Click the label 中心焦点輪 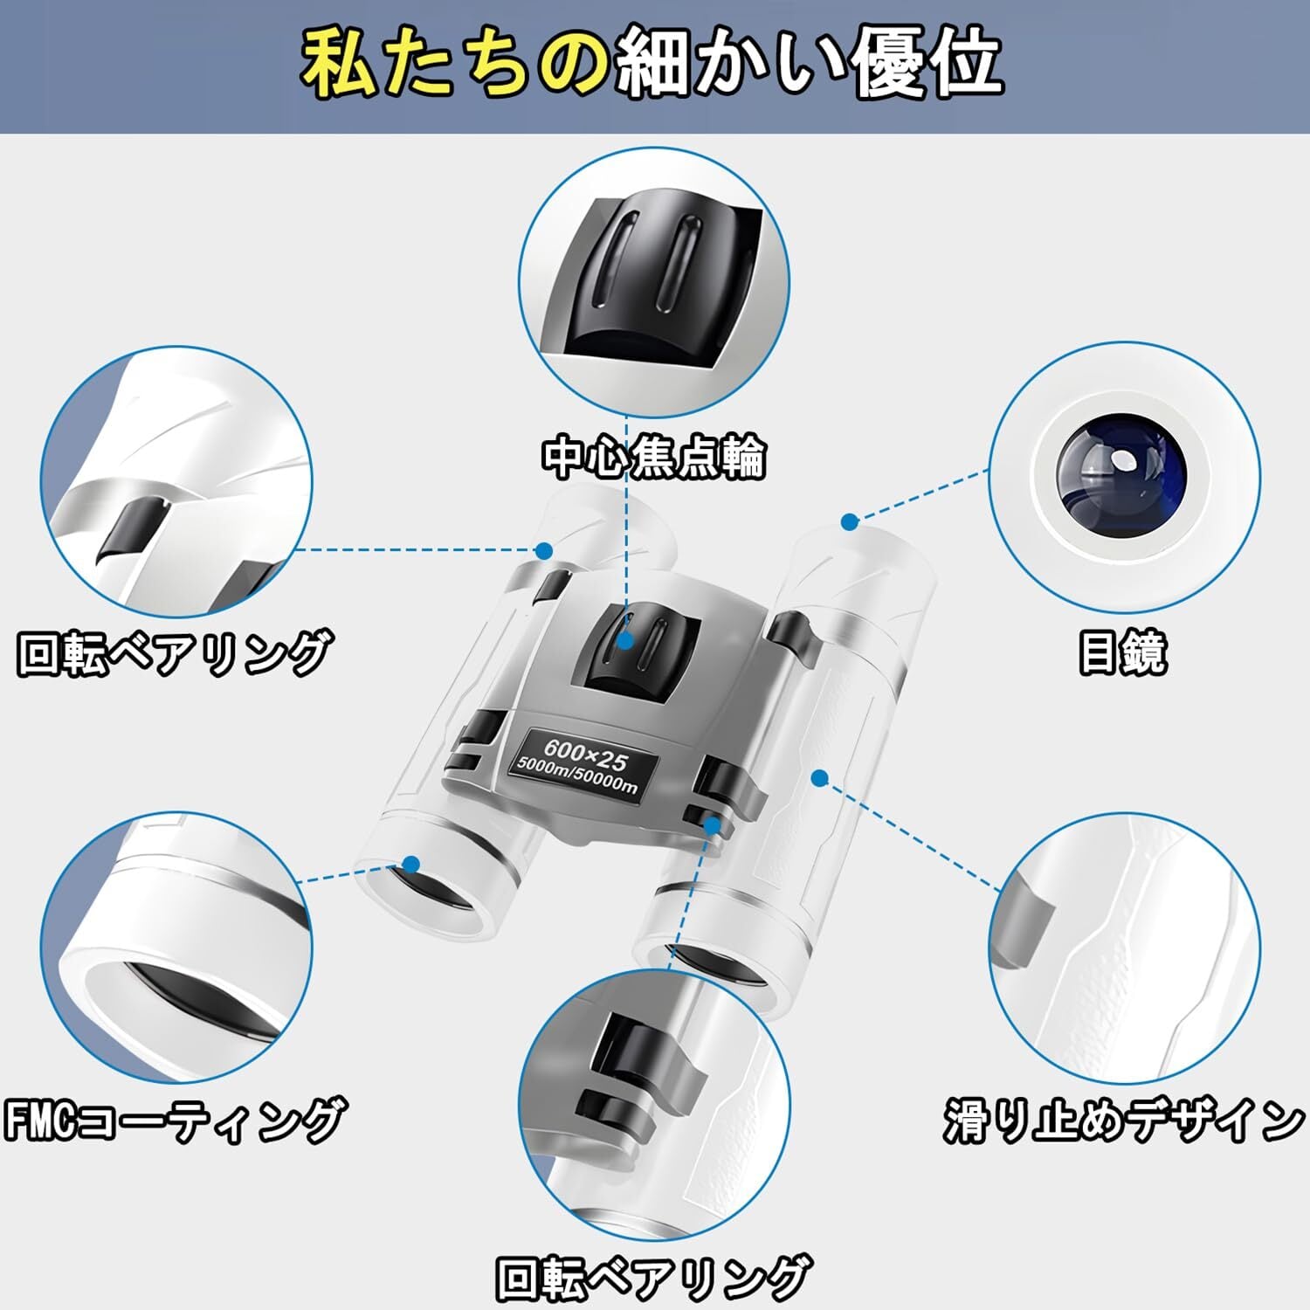(653, 456)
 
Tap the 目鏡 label (1122, 652)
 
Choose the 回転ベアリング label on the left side (175, 652)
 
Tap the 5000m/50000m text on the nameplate (577, 775)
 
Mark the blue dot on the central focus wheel (625, 640)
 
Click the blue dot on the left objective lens (411, 865)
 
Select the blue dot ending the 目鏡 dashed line (850, 522)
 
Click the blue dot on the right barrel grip (819, 777)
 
